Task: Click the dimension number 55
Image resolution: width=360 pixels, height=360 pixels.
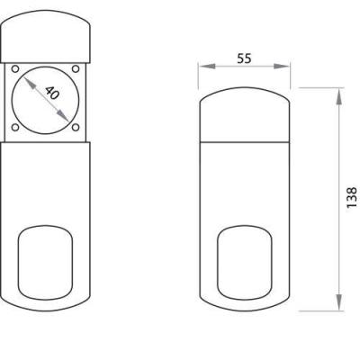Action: tap(244, 58)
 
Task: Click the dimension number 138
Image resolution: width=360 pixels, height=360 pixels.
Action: tap(351, 197)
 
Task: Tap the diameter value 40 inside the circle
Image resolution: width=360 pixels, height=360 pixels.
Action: tap(52, 93)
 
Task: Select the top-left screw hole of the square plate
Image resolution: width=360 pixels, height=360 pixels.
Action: tap(15, 68)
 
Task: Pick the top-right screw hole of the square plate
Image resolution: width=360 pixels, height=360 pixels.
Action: tap(76, 68)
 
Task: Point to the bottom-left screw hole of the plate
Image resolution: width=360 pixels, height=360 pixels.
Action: tap(15, 128)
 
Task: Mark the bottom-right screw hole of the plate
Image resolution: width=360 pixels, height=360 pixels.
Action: tap(76, 128)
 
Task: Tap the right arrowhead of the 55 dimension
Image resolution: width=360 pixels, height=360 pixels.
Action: tap(282, 67)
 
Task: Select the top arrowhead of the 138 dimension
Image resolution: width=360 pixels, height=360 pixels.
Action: tap(338, 96)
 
